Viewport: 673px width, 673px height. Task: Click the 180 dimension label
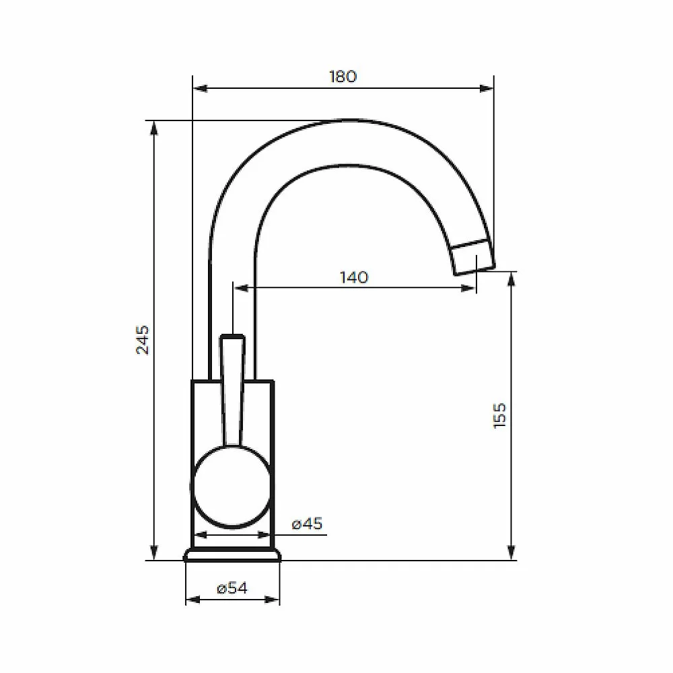[343, 77]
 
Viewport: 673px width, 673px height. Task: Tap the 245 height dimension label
[143, 340]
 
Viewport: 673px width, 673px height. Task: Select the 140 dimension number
[354, 277]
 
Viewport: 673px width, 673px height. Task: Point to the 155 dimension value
[499, 415]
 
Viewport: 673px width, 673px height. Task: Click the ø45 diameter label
[307, 524]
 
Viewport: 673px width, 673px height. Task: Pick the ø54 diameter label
[232, 588]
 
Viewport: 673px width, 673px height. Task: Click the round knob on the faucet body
[232, 487]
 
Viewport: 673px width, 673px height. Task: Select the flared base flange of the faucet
[232, 555]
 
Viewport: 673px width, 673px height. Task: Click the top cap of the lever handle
[232, 338]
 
